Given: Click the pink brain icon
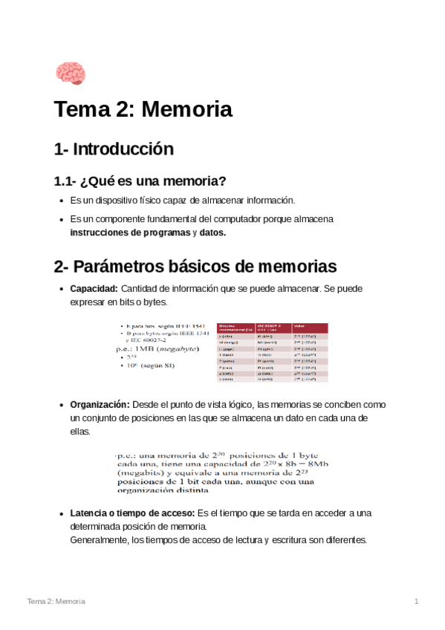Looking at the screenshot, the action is [71, 74].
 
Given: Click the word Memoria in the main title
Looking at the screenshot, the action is [186, 110].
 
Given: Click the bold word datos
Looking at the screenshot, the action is [212, 233].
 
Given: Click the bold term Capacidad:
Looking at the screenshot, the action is [93, 288].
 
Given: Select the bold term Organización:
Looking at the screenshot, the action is [100, 405].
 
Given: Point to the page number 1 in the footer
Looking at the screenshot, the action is [417, 600].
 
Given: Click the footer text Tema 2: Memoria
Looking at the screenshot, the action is [56, 600].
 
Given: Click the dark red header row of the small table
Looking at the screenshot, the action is [271, 327].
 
